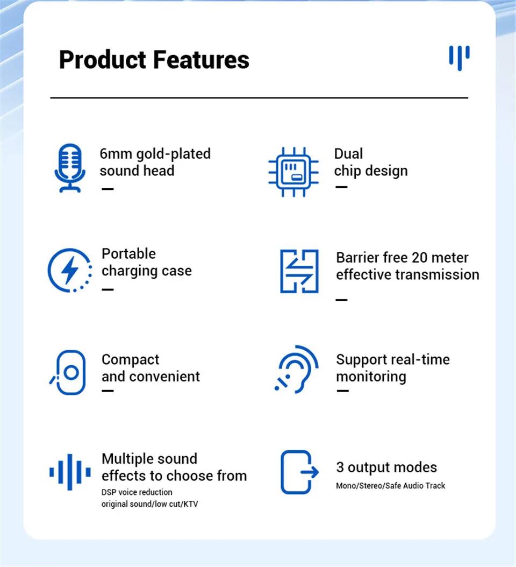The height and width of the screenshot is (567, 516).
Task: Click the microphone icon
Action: pos(70,167)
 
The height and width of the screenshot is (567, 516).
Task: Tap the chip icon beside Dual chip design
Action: pos(293,172)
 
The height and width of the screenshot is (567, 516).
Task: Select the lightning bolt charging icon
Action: pos(69,270)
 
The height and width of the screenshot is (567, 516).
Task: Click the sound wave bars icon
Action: pos(70,472)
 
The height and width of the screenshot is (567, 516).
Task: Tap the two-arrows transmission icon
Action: pos(299,271)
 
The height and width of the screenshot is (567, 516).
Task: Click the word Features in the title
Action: pos(201,59)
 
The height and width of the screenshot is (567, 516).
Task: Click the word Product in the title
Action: pos(102,59)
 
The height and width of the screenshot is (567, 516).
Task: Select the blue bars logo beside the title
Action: pos(459,56)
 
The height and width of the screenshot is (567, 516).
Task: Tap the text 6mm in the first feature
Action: pos(116,154)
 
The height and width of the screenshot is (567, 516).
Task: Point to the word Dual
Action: pos(348,154)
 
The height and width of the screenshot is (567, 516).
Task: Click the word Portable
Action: pos(128,254)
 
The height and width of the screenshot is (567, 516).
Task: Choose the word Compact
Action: pos(130,359)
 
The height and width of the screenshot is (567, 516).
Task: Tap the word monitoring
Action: pos(371,377)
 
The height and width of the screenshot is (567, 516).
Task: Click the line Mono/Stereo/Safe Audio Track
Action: pos(391,486)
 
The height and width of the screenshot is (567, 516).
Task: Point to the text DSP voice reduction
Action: pos(137,492)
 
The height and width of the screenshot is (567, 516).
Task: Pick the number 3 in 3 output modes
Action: pos(340,467)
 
